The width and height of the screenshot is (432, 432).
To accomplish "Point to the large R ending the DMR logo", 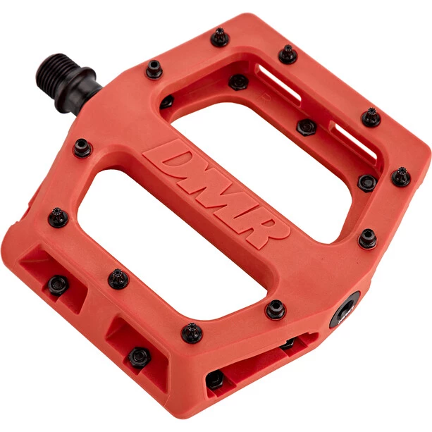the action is (264, 230).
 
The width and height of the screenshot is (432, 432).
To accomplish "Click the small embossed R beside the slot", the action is (264, 99).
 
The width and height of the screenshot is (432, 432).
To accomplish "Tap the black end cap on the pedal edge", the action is (345, 310).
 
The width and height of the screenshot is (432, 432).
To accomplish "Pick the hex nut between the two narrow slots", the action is (306, 127).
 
